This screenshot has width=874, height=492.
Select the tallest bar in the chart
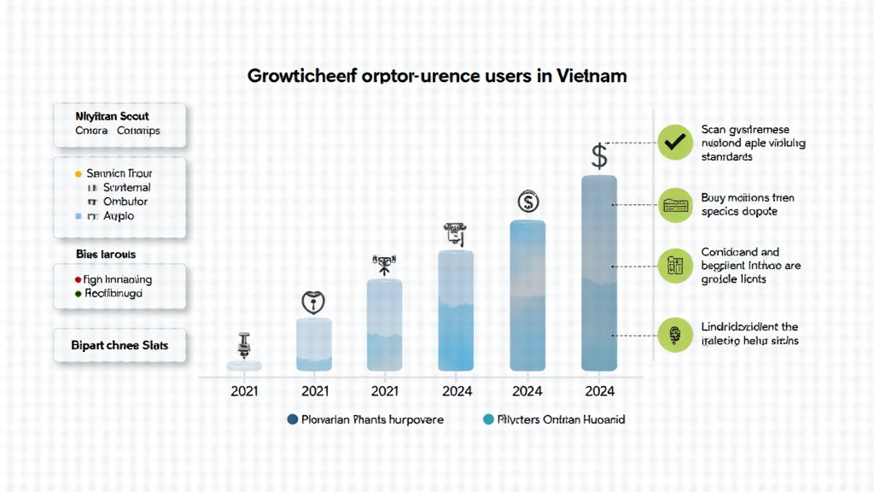pos(598,273)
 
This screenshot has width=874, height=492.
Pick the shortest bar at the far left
pos(244,366)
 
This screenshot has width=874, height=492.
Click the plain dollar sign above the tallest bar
pos(599,156)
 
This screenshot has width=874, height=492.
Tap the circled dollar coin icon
pos(528,202)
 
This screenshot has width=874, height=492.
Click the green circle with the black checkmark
pos(676,143)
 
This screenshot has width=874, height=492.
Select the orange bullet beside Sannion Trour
pos(79,173)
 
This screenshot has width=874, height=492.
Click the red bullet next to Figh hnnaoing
pos(78,279)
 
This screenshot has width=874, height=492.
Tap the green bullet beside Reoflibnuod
pos(78,293)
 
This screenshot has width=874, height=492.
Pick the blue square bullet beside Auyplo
pos(79,217)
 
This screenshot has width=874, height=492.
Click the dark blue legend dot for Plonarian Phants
pos(293,419)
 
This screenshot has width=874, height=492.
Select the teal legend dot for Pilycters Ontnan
pos(489,419)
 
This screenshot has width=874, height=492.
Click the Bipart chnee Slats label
pos(119,346)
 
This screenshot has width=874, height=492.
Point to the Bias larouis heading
pos(105,255)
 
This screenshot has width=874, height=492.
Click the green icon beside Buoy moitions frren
pos(676,204)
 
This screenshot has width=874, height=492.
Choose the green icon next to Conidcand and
pos(676,266)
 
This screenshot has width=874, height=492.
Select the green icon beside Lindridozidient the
pos(676,333)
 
